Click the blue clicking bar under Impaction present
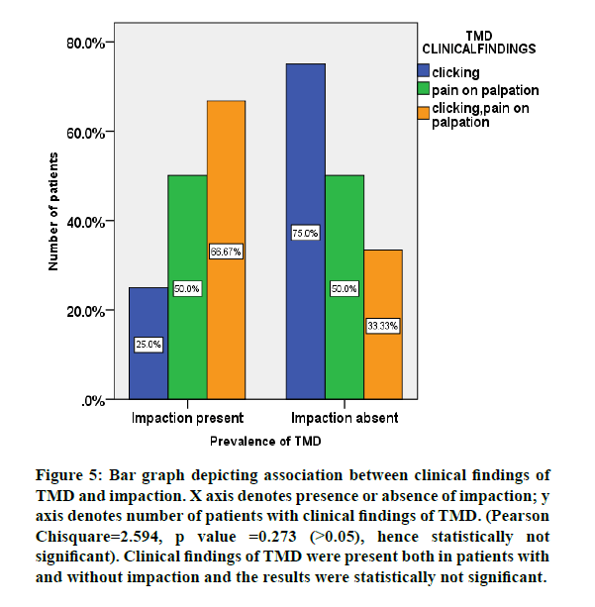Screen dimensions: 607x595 pyautogui.click(x=148, y=317)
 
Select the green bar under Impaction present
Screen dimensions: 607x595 pyautogui.click(x=187, y=248)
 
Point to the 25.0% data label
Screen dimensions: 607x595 pyautogui.click(x=148, y=345)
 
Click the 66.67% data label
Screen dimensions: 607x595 pyautogui.click(x=226, y=252)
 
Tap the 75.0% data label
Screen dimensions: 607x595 pyautogui.click(x=305, y=234)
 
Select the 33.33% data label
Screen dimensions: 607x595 pyautogui.click(x=382, y=326)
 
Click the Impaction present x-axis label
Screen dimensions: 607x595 pyautogui.click(x=187, y=418)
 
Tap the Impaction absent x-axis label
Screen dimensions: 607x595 pyautogui.click(x=345, y=418)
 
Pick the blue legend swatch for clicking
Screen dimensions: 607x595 pyautogui.click(x=424, y=72)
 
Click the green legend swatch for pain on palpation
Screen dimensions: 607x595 pyautogui.click(x=424, y=91)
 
